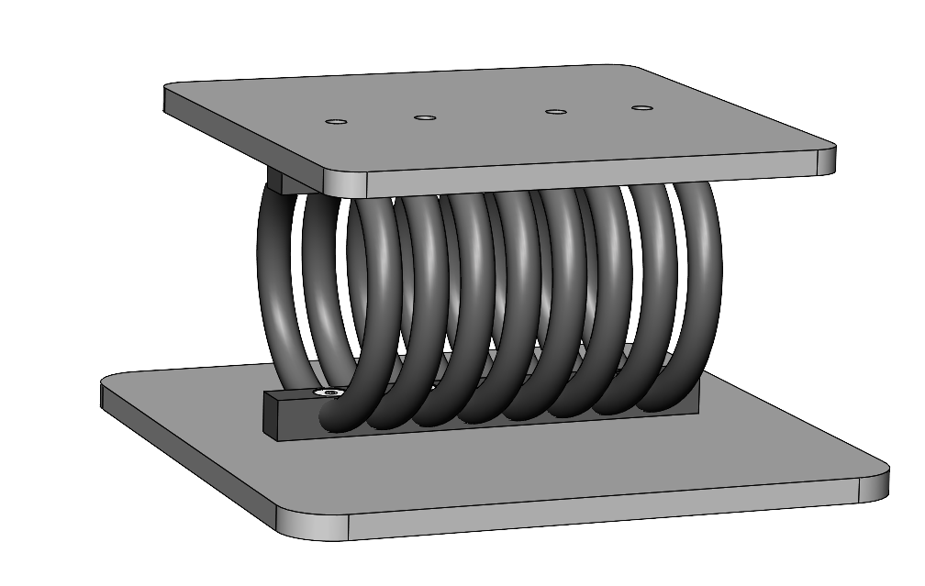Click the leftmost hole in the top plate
337,121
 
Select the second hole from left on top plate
424,117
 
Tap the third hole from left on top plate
555,112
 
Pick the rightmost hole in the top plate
642,108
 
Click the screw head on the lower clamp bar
330,393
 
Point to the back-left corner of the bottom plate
107,381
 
